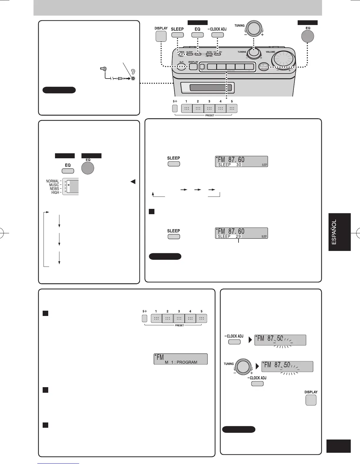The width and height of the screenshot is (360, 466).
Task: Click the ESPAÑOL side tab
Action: pos(339,232)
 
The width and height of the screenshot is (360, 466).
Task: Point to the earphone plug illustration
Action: pos(103,69)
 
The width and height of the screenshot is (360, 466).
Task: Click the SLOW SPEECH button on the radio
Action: pos(264,67)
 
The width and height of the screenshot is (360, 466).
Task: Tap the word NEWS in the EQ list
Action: pos(54,189)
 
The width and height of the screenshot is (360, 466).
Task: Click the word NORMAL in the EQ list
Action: pos(52,181)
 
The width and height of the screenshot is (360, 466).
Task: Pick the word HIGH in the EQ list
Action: pos(55,192)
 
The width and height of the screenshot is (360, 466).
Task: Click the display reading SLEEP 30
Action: pos(241,162)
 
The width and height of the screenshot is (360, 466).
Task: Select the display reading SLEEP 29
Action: pos(241,233)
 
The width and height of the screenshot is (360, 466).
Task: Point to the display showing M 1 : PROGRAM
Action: pos(181,359)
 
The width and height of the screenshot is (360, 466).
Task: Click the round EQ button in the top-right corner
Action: pos(308,36)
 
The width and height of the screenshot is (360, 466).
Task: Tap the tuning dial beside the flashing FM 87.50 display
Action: pos(243,367)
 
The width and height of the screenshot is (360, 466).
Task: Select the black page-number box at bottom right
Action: pos(338,446)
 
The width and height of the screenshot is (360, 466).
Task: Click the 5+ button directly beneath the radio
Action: pos(175,108)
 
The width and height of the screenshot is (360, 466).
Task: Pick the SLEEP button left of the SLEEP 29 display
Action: pos(174,237)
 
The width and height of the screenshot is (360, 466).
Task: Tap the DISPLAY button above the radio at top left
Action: pos(161,36)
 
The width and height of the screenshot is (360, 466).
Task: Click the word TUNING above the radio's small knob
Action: pos(242,52)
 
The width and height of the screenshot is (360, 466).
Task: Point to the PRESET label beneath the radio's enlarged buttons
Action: pos(210,115)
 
